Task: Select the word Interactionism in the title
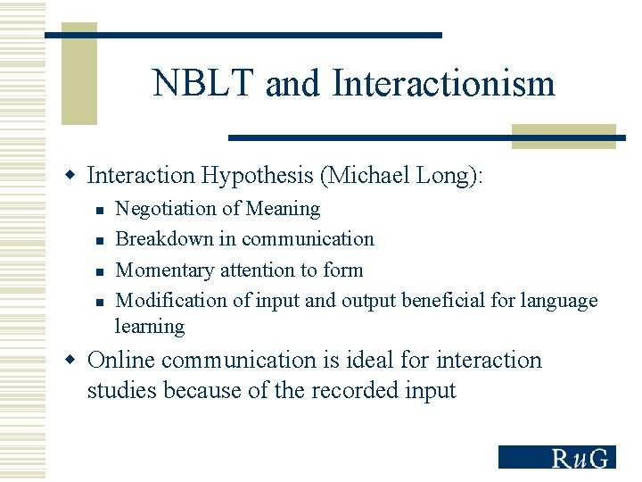443,84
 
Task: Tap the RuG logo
556,457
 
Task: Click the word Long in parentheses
444,176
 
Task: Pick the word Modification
171,300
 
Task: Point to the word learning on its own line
150,327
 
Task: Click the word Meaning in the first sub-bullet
283,209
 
